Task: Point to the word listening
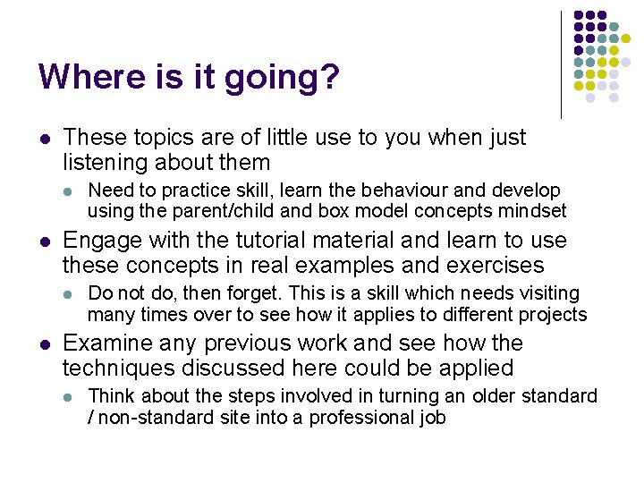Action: (105, 163)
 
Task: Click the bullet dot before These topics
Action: (43, 139)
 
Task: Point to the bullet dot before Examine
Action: (43, 344)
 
